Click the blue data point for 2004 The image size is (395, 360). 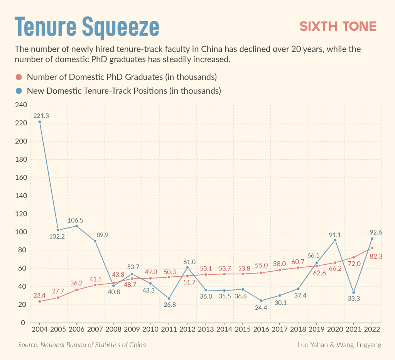pos(39,122)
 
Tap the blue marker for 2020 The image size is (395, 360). pos(335,240)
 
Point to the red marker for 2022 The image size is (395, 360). pos(372,248)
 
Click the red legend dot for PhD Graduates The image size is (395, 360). pos(19,77)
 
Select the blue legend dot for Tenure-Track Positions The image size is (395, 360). pos(19,91)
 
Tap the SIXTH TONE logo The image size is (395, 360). pos(338,26)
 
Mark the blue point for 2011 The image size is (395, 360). pos(169,298)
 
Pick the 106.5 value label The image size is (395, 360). pos(76,220)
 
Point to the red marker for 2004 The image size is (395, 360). pos(39,301)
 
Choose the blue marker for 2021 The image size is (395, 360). pos(353,292)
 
